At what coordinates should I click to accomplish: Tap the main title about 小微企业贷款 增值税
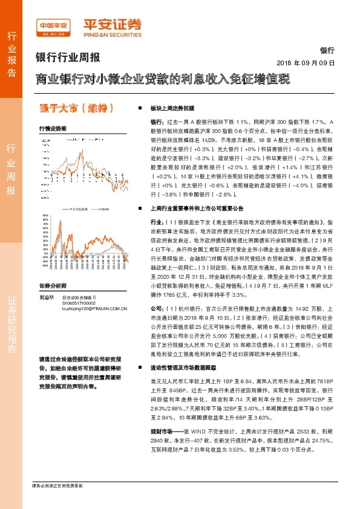click(x=162, y=79)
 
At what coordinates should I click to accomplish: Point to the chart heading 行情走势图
click(x=52, y=128)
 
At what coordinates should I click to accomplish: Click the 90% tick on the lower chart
click(x=44, y=215)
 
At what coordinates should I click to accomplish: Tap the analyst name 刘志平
click(x=47, y=297)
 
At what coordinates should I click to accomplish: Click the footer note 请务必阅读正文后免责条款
click(x=57, y=503)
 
